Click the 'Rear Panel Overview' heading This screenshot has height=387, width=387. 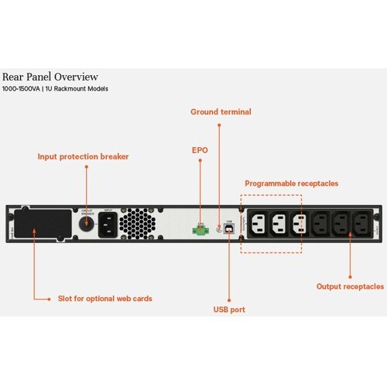click(x=50, y=77)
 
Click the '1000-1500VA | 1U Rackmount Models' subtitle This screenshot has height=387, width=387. click(x=55, y=90)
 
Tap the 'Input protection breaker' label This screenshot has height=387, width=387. click(x=83, y=156)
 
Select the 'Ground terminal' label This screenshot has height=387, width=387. click(x=221, y=112)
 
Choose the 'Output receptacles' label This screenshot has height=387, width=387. click(x=350, y=286)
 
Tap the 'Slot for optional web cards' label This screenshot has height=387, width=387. click(x=105, y=298)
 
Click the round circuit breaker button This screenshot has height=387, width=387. click(x=87, y=224)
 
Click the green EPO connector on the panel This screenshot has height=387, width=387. click(x=200, y=229)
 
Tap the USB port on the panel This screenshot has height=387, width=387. click(x=230, y=229)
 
